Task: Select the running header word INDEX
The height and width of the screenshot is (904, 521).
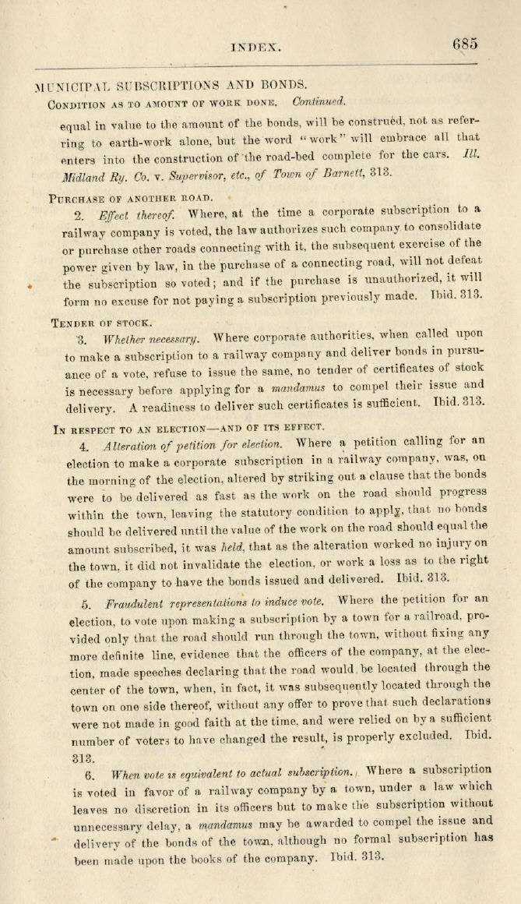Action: (x=255, y=47)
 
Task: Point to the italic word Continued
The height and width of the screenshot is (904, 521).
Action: (x=319, y=101)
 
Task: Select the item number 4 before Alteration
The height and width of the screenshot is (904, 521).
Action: (x=83, y=446)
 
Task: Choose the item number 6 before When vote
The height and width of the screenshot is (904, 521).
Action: (x=90, y=775)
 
